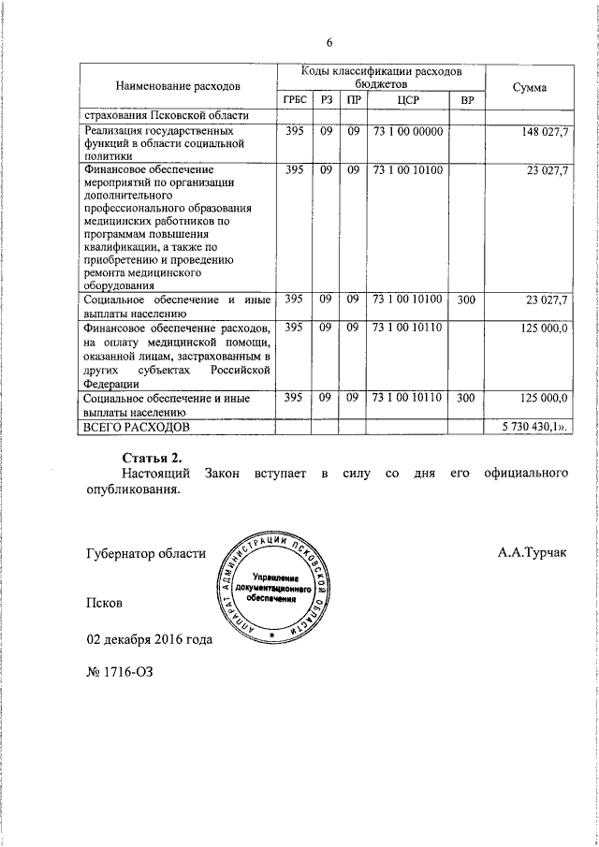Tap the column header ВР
[x=467, y=100]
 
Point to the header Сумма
[x=531, y=87]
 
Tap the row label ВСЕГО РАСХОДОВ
[x=135, y=426]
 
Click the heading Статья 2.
[x=151, y=458]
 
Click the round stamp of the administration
[x=272, y=589]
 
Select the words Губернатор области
[x=146, y=553]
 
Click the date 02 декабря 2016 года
[x=149, y=640]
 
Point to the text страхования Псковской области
[x=165, y=115]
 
